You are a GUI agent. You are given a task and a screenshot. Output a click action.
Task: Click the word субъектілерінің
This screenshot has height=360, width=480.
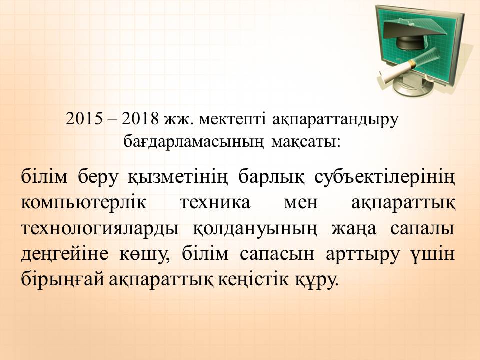click(x=385, y=178)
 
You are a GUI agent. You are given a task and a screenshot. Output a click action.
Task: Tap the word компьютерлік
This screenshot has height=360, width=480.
click(x=83, y=203)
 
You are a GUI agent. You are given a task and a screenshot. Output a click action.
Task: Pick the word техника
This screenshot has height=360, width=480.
click(x=215, y=203)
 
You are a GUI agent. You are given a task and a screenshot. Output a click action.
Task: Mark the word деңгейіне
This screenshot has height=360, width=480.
click(x=65, y=255)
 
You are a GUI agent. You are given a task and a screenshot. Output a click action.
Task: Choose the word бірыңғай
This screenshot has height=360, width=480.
click(x=63, y=280)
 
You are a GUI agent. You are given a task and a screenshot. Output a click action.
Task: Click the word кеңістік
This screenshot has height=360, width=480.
click(x=253, y=280)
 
